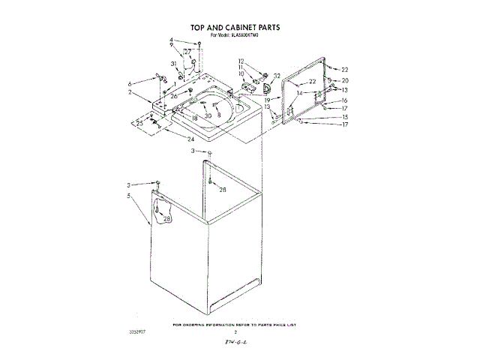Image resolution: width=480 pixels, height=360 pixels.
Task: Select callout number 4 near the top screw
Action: [171, 40]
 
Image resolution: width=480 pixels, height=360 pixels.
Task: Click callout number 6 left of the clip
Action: [130, 83]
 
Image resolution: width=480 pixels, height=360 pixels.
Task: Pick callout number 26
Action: [173, 96]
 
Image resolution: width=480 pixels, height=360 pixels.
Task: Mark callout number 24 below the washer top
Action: [191, 139]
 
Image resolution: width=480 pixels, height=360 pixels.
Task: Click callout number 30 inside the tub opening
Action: [208, 115]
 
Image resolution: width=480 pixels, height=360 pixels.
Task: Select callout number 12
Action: [241, 61]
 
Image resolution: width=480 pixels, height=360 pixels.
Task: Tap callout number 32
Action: [277, 76]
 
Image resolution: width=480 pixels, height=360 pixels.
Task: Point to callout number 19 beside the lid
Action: [267, 98]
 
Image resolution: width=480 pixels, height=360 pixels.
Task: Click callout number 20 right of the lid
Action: [345, 80]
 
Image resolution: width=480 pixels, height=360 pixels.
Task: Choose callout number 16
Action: [345, 100]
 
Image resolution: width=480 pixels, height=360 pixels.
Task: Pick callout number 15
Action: [345, 117]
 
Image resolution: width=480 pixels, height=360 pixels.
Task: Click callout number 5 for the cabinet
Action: [130, 196]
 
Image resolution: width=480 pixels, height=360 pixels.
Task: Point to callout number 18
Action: [193, 118]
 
